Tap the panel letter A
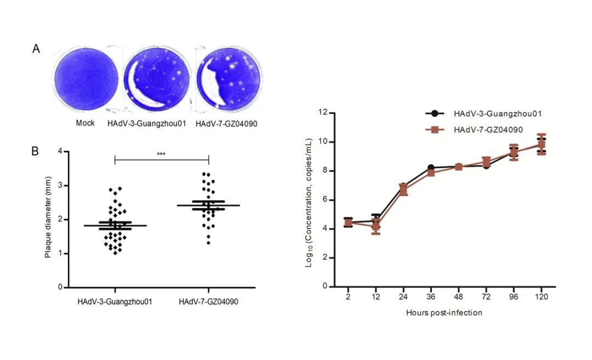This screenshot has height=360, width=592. coord(36,49)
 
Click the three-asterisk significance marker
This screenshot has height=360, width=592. coord(161,155)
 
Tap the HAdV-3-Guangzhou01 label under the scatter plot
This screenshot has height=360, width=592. coord(115,301)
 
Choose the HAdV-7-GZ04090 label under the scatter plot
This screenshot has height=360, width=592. coord(209,301)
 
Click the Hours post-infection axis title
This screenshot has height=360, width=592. coord(445,313)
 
